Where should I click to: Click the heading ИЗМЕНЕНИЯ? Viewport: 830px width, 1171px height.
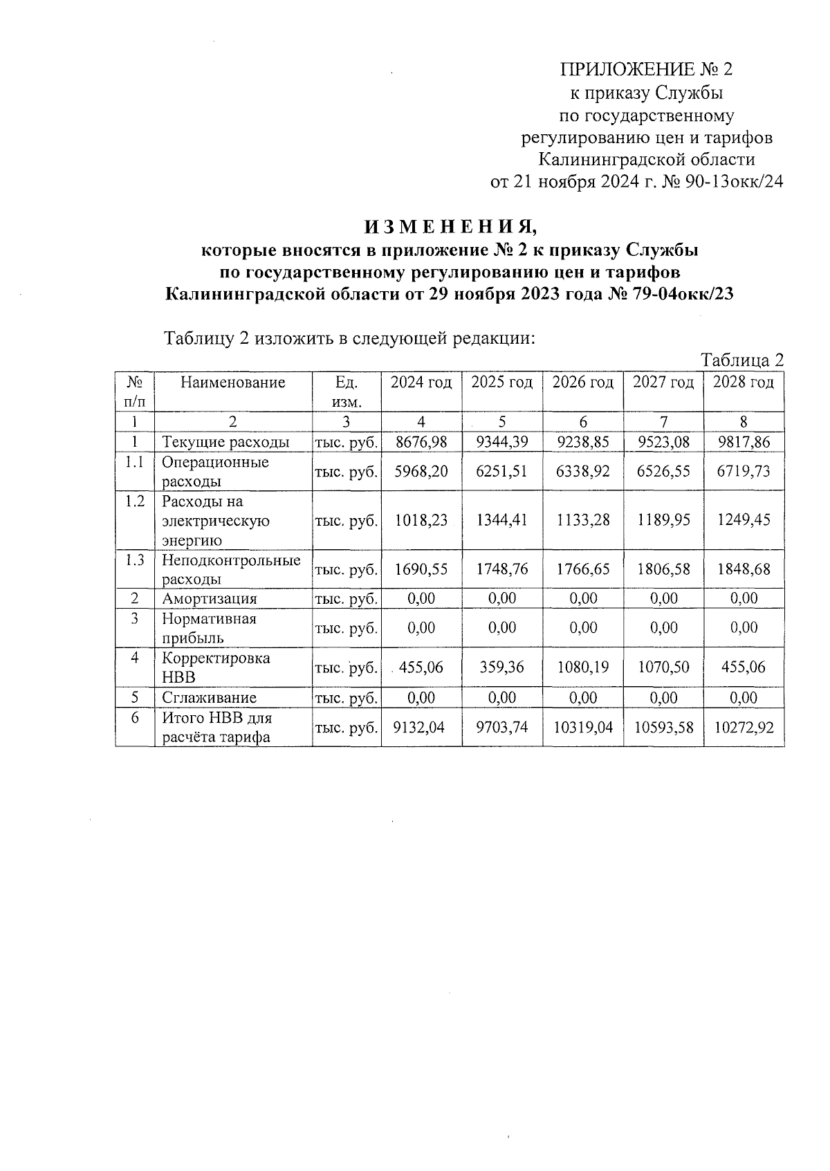[x=450, y=227]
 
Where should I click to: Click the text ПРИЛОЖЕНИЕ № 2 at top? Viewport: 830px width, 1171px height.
[x=645, y=70]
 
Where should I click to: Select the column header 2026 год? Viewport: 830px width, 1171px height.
[x=582, y=382]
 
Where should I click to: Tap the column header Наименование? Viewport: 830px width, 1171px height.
[x=232, y=382]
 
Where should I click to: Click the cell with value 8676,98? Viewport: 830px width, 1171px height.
[x=421, y=442]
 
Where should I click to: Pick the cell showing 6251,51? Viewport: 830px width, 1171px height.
[x=501, y=471]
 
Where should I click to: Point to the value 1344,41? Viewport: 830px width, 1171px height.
[x=501, y=520]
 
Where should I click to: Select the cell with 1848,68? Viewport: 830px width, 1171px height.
[x=744, y=569]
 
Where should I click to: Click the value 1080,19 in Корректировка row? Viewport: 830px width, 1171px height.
[x=582, y=667]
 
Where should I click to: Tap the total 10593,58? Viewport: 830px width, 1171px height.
[x=663, y=728]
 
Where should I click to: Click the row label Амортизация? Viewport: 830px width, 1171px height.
[x=210, y=599]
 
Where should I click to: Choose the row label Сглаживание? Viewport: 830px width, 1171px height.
[x=210, y=698]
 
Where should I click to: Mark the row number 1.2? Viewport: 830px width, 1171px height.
[x=135, y=501]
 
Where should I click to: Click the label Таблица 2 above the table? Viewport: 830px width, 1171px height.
[x=742, y=360]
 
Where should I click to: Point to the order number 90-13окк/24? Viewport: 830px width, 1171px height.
[x=732, y=183]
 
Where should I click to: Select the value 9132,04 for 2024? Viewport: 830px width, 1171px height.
[x=421, y=728]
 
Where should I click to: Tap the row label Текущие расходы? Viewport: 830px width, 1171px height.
[x=225, y=443]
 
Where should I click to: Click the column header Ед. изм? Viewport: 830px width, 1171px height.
[x=346, y=391]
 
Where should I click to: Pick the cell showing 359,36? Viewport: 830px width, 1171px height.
[x=501, y=667]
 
